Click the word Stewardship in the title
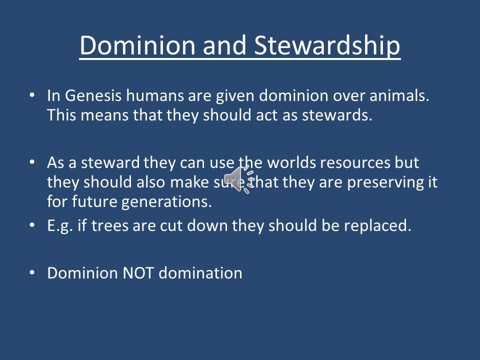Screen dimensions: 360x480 (327, 45)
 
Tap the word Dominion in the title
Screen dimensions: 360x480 (136, 45)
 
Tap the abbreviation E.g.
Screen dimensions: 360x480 (60, 225)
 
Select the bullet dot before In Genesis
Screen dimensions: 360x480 (33, 95)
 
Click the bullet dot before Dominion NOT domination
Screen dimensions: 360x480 (33, 272)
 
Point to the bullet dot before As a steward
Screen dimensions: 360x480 (33, 162)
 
